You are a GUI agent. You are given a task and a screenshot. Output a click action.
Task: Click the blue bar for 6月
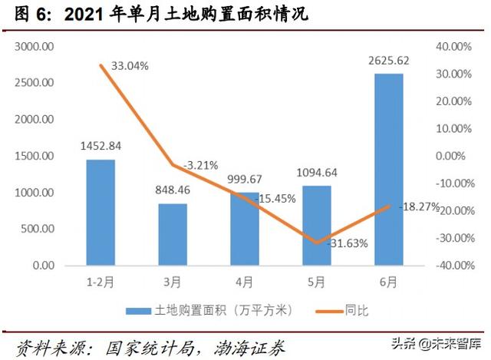[389, 170]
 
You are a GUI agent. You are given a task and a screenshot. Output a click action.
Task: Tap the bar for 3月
[173, 234]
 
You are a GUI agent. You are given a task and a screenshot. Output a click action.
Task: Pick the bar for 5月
[317, 225]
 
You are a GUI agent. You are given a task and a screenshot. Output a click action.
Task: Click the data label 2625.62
[389, 62]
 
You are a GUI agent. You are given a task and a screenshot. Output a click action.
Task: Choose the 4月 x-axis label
[245, 281]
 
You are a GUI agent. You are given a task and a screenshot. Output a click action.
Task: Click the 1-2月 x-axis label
[100, 281]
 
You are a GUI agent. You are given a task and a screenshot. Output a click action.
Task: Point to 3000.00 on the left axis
[33, 47]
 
